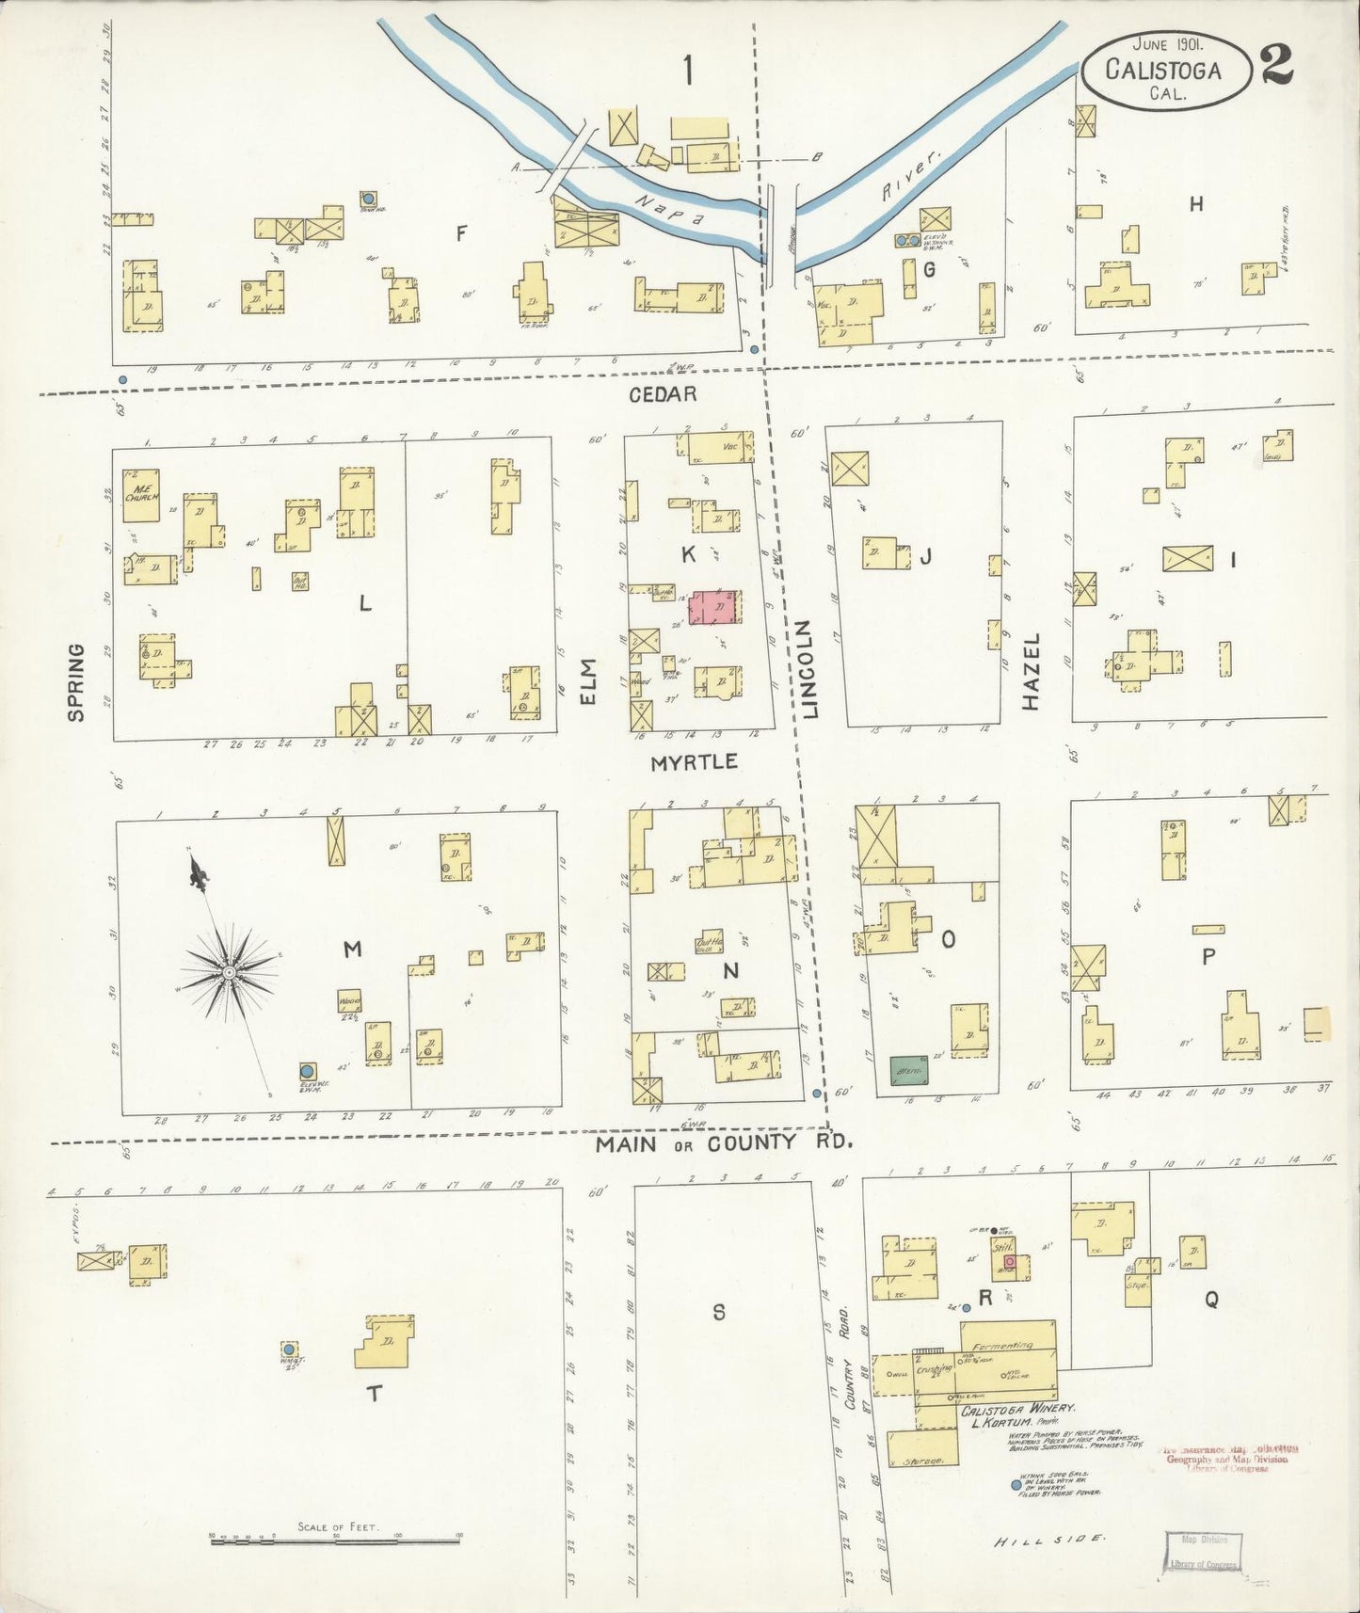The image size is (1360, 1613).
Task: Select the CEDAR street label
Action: click(x=664, y=393)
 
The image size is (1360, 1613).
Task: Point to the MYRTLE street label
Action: click(x=695, y=762)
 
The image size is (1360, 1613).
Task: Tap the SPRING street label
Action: click(x=76, y=682)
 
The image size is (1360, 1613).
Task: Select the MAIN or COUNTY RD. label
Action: click(x=725, y=1143)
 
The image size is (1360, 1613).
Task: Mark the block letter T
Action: click(x=375, y=1394)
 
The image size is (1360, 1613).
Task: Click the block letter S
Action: click(x=718, y=1312)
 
